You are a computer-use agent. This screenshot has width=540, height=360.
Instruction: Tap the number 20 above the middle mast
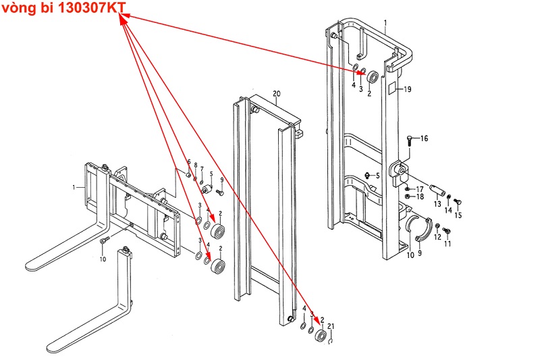coord(276,93)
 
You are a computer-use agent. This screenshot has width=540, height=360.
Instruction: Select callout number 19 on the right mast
coord(407,89)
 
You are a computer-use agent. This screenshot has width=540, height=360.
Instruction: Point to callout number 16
coord(424,138)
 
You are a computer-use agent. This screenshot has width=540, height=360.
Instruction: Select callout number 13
coord(437,203)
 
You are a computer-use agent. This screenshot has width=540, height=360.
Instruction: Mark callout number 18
coord(420,197)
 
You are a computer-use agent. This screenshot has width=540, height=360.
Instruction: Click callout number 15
coord(458,215)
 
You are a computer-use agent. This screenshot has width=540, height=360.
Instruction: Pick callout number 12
coord(437,236)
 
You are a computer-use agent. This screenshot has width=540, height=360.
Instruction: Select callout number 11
coord(447,243)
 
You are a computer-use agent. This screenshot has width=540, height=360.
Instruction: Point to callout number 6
coord(189,163)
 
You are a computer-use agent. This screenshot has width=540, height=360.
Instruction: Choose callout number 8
coord(195,165)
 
